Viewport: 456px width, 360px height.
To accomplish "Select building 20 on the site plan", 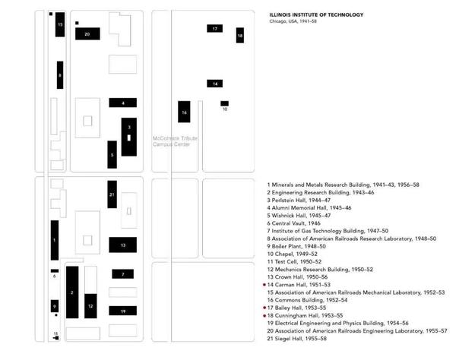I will tap(87, 34).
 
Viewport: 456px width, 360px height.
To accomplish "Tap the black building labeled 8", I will tap(60, 74).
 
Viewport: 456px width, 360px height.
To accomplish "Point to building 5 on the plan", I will tap(112, 154).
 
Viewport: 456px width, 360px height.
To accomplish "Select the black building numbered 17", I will tap(215, 29).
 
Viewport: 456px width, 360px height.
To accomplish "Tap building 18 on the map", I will tap(240, 36).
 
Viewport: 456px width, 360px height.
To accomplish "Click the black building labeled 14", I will tap(215, 83).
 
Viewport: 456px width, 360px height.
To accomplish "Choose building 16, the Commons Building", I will tap(183, 112).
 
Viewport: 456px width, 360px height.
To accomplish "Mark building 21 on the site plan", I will tap(112, 194).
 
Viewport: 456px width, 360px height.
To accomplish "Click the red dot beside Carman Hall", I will tap(264, 285).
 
